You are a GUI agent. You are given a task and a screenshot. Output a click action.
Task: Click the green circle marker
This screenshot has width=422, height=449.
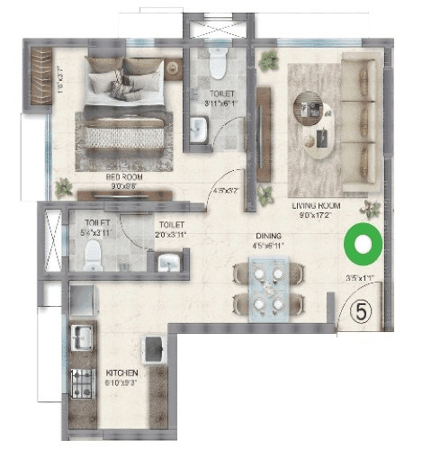coord(364,243)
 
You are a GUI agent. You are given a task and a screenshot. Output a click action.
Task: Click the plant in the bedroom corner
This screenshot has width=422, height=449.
coord(63,187)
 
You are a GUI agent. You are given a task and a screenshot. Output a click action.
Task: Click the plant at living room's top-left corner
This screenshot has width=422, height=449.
coord(267,62)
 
